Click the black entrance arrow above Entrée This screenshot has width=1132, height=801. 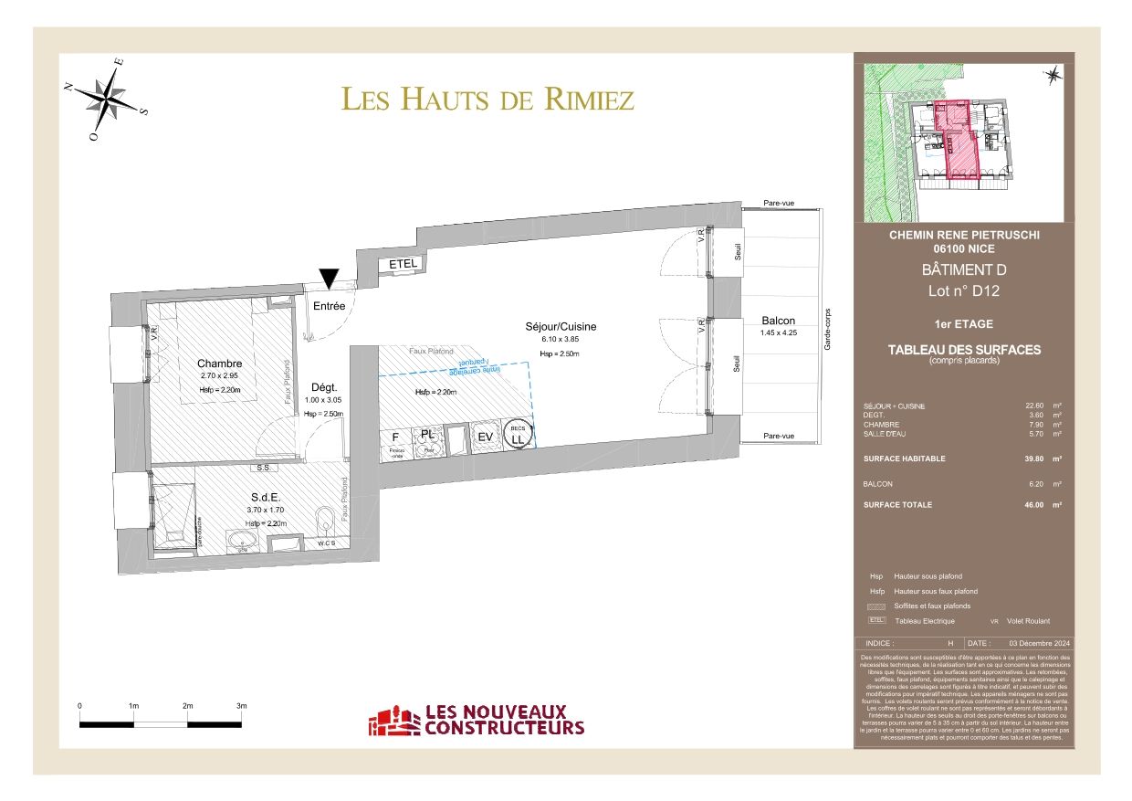coord(329,279)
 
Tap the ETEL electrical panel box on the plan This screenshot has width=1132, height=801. coord(403,264)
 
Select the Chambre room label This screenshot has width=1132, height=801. coord(219,364)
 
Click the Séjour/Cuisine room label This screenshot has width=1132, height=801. coord(561,326)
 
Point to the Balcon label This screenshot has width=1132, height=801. coord(778,321)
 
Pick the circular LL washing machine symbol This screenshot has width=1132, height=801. coord(519,436)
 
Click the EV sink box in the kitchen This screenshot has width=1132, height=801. coord(486,437)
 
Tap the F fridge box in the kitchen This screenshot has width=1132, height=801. coord(396,437)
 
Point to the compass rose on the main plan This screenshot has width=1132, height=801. coord(109,96)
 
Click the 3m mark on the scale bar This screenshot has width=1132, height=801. coord(242,706)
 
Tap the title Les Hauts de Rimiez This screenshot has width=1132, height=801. coord(487,99)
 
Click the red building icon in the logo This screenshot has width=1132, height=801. coord(393,721)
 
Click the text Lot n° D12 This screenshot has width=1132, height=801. coord(964,291)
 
